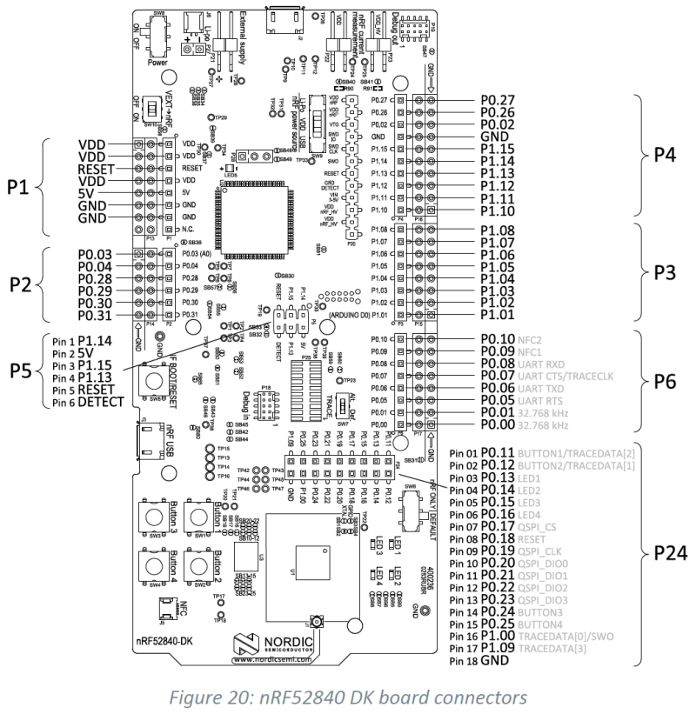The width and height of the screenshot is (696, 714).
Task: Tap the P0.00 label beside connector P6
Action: tap(500, 426)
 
